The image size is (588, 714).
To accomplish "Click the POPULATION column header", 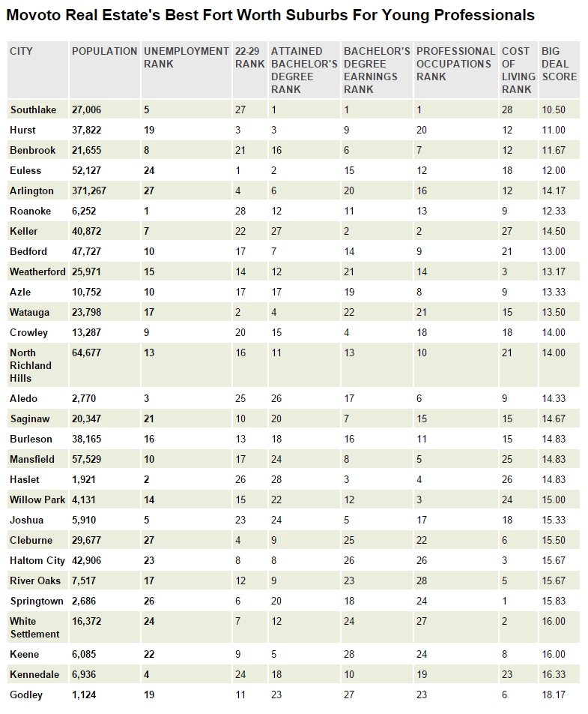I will click(104, 51).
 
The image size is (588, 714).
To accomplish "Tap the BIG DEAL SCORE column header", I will click(559, 64).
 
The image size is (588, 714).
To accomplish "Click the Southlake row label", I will click(33, 109).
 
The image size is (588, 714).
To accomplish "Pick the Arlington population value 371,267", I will click(89, 190).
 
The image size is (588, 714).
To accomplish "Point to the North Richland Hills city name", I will click(31, 365).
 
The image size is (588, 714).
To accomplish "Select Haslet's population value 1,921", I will click(84, 479).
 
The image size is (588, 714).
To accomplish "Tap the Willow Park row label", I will click(37, 499).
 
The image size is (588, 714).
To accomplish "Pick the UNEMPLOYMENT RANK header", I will click(185, 57).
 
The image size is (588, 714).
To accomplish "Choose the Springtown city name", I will click(35, 601).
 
